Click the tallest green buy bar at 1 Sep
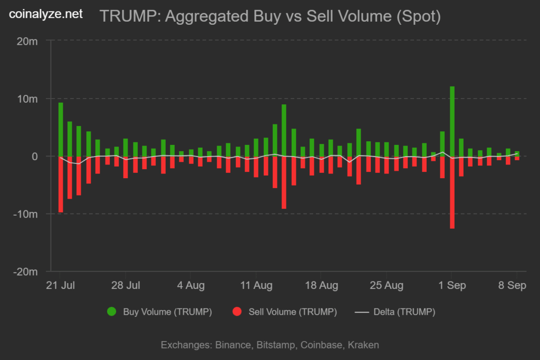coord(452,121)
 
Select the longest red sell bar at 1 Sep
coord(452,192)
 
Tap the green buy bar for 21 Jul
coord(61,129)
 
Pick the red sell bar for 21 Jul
coord(61,184)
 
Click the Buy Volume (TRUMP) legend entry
coord(160,312)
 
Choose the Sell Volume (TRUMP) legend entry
coord(285,312)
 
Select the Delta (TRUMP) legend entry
coord(396,312)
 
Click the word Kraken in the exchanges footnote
coord(363,345)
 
